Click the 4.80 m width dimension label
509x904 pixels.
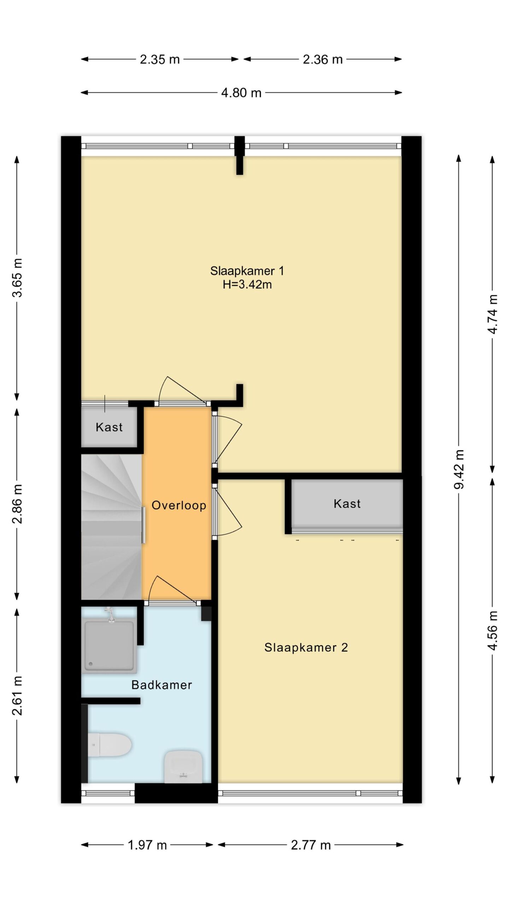pos(241,93)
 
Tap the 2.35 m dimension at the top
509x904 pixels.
pos(160,59)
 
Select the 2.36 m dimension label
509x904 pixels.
pos(323,59)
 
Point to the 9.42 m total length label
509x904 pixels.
pos(459,469)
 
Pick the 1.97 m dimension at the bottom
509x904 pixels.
pos(147,845)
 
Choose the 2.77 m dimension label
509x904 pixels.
pos(311,845)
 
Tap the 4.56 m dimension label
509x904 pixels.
pos(492,630)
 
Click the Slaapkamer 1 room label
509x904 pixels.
pos(247,271)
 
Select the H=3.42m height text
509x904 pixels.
pos(247,285)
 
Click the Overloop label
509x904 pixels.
pos(179,505)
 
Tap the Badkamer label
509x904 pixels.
pos(162,685)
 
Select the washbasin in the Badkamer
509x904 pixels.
pos(183,766)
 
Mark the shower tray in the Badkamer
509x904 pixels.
pos(109,646)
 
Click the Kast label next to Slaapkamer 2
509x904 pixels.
pos(347,504)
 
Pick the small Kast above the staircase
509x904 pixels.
pos(109,427)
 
